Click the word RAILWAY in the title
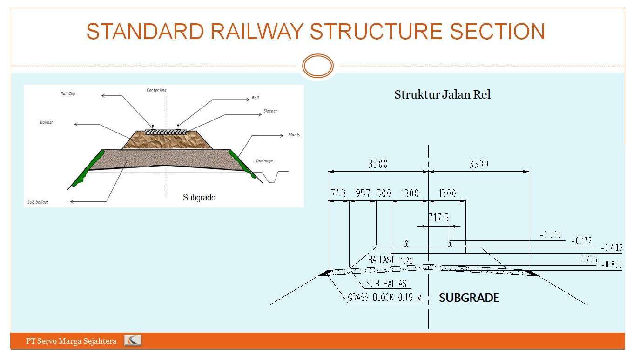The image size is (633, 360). [x=257, y=32]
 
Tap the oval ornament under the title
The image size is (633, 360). [x=318, y=66]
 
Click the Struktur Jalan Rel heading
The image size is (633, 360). [x=442, y=95]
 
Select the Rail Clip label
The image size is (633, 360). [x=68, y=93]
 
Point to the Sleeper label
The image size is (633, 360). [x=270, y=112]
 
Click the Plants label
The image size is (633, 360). [x=294, y=135]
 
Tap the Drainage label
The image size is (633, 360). [x=264, y=161]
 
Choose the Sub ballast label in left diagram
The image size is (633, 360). [x=38, y=202]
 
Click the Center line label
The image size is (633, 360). [x=156, y=90]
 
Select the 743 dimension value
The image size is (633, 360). [x=338, y=193]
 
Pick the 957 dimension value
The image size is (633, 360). [x=363, y=193]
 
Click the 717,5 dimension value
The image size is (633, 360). [x=438, y=218]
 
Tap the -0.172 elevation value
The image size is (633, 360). [x=581, y=240]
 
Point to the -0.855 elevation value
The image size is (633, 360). [x=612, y=264]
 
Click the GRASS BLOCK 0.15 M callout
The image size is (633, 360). [x=384, y=298]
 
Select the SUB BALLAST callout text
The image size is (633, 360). [x=388, y=284]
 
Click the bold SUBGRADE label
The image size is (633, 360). [x=469, y=298]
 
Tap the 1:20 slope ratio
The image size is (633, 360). [x=406, y=261]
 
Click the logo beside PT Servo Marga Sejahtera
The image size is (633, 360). [x=133, y=341]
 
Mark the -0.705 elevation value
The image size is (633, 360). [x=586, y=260]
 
